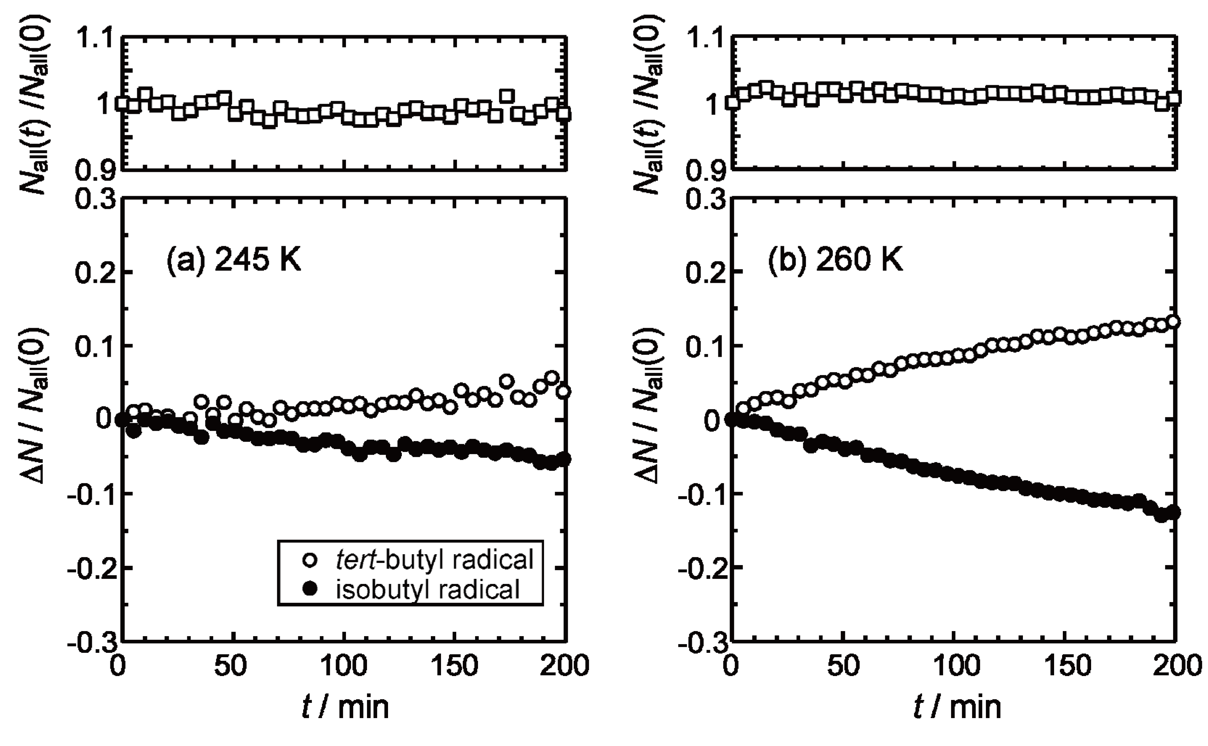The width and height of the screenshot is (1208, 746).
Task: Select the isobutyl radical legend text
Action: tap(428, 589)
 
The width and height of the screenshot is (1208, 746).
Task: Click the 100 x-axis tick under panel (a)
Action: tap(344, 666)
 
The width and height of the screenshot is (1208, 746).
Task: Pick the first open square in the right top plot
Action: tap(732, 103)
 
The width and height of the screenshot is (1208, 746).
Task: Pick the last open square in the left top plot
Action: tap(564, 114)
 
